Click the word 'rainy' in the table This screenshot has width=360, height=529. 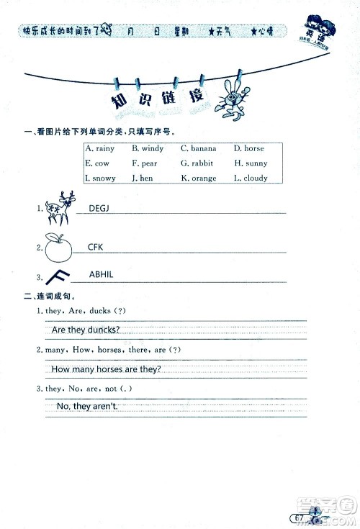point(104,148)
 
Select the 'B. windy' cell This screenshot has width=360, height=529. point(148,148)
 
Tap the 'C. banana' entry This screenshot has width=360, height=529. point(199,148)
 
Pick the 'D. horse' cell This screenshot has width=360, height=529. point(249,148)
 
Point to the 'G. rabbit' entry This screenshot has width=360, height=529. point(198,163)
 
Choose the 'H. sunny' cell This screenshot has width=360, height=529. point(251,163)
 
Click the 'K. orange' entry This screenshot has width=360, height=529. point(199,178)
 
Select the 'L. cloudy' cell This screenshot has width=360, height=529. point(251,178)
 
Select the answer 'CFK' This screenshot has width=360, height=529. point(96,247)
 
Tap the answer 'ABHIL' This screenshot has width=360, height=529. point(102,275)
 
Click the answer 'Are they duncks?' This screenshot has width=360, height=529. point(86,330)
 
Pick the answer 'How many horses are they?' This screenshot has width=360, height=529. point(107,369)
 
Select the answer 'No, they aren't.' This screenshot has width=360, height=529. point(86,407)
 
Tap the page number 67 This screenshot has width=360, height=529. point(295,517)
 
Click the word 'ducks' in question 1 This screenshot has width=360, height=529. point(100,310)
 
